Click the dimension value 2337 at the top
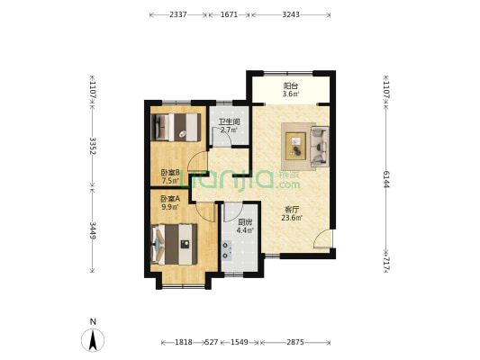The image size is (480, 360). (x=177, y=14)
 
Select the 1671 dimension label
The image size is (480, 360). (x=229, y=14)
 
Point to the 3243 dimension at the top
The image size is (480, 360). (x=291, y=14)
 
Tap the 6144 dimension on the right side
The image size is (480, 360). (x=385, y=179)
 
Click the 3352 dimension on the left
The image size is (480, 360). (x=93, y=146)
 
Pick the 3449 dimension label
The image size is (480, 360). (x=93, y=230)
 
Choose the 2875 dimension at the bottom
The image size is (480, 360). (x=295, y=342)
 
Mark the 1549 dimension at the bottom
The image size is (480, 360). (x=240, y=342)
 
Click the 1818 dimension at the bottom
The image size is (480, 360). (x=184, y=342)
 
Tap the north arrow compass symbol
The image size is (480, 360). (x=93, y=340)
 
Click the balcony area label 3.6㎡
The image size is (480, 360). (x=291, y=94)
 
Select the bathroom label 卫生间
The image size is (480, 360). (x=229, y=121)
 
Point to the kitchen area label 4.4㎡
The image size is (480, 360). (x=245, y=230)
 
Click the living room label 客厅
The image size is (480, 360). (x=292, y=210)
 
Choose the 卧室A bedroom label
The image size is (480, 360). (x=170, y=199)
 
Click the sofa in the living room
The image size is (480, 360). (x=320, y=147)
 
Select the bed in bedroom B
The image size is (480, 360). (x=176, y=127)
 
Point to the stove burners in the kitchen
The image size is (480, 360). (x=227, y=250)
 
